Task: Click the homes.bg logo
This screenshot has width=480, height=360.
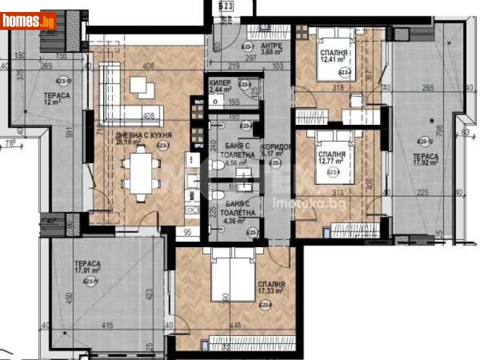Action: (29, 21)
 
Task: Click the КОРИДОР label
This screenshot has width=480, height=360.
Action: (277, 147)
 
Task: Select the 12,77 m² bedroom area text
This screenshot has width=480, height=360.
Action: (331, 160)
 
